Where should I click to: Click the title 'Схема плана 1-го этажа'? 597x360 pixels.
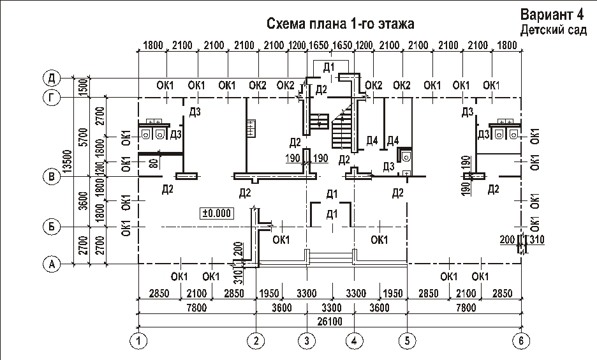(340, 24)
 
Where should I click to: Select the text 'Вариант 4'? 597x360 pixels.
(553, 15)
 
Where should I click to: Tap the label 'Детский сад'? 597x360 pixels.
(553, 30)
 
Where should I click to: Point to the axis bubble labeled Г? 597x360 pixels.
(52, 98)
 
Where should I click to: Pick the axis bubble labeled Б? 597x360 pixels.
(52, 227)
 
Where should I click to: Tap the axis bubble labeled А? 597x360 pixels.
(52, 263)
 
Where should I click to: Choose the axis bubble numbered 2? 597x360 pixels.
(256, 341)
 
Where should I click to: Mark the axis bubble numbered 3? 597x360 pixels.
(307, 341)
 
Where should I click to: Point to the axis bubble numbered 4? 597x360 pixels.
(355, 341)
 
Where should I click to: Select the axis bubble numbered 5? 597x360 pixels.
(406, 341)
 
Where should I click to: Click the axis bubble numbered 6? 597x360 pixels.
(522, 341)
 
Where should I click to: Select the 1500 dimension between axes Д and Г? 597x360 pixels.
(82, 87)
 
